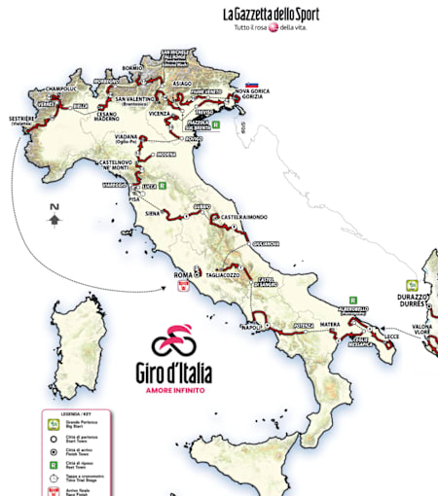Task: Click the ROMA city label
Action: point(182,275)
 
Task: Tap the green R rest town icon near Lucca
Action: point(163,184)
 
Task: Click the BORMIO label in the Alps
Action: point(132,67)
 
